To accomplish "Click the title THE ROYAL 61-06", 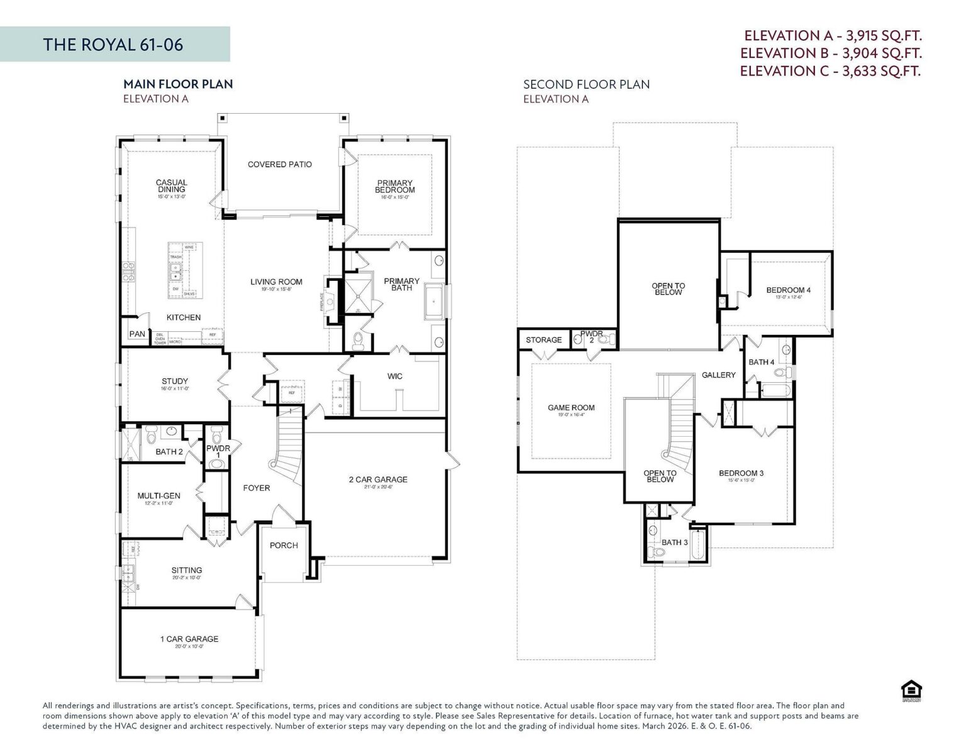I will (113, 45).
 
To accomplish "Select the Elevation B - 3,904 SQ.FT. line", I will (831, 53).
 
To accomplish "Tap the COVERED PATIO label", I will (280, 165).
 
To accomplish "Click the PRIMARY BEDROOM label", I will (395, 187).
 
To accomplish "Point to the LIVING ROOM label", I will (276, 282).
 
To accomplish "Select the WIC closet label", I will (395, 376).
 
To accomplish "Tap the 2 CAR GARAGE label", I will (378, 480).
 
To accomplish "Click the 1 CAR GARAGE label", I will (189, 639).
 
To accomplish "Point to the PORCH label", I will (284, 546).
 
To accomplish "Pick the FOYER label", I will (257, 488).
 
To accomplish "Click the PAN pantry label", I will (137, 334).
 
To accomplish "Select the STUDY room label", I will (175, 381).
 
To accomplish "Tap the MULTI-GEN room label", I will (159, 496).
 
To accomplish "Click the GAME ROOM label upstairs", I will (571, 408).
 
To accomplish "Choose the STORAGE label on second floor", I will (544, 340).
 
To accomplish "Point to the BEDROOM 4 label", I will (788, 290).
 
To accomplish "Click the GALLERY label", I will (718, 375).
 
